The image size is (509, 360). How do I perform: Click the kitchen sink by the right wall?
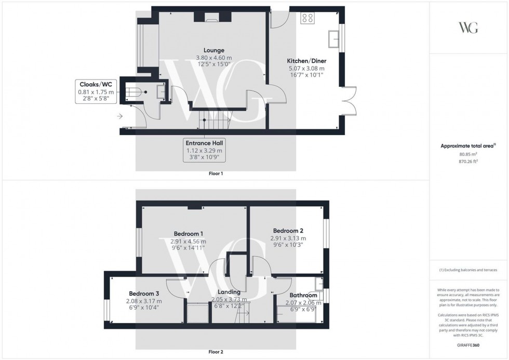coord(334,38)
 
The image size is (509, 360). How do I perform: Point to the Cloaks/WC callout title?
coord(95,84)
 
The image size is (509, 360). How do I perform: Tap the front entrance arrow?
coord(120,116)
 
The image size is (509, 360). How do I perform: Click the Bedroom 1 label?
coord(188,234)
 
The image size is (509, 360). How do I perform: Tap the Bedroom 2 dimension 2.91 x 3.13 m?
coord(288,238)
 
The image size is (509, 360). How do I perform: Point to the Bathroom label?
coord(303,295)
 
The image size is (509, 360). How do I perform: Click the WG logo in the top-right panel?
coord(468,28)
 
